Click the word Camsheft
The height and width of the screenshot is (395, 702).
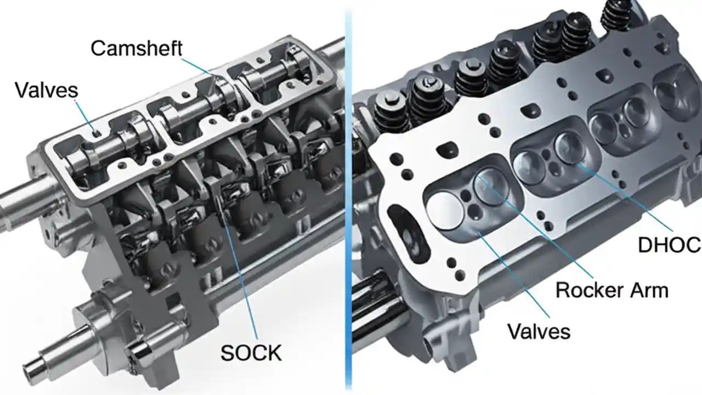[x=136, y=48]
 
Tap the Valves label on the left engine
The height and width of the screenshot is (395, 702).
[x=47, y=89]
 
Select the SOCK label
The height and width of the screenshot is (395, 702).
[x=251, y=353]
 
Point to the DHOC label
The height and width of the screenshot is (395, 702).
[x=669, y=245]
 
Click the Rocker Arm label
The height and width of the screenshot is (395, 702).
[x=612, y=289]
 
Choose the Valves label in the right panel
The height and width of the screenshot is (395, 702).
[x=539, y=331]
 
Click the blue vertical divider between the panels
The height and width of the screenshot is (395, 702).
[x=347, y=198]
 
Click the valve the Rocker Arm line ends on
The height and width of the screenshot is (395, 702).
[x=490, y=187]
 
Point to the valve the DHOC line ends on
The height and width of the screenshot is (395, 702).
[x=570, y=147]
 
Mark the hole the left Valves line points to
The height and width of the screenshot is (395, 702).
[x=97, y=132]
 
